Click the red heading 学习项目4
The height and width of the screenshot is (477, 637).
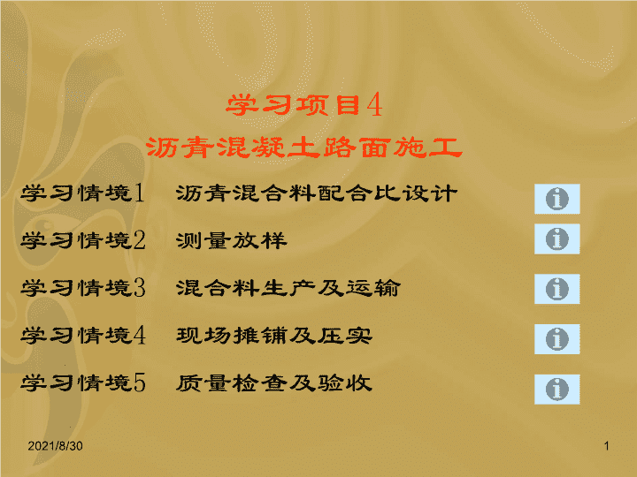303,105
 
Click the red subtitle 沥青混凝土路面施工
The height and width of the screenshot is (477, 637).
303,147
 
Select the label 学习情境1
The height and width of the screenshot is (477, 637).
83,193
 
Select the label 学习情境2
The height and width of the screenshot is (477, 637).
83,240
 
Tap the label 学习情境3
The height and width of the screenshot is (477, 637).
83,288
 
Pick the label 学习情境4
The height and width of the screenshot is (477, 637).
83,336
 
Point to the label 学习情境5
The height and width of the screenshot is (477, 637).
83,382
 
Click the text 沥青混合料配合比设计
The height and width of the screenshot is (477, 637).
317,193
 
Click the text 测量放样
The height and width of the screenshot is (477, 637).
232,240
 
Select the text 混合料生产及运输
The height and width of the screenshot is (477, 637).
288,288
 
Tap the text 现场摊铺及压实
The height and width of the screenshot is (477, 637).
274,336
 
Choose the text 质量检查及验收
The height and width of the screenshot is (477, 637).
274,382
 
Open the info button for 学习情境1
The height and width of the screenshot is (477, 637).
557,199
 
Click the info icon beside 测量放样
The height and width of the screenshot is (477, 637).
557,238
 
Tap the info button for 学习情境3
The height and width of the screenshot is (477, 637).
557,289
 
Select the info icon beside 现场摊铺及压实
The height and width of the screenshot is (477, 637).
557,339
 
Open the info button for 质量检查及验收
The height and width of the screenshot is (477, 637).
557,390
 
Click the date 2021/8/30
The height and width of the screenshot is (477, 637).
55,446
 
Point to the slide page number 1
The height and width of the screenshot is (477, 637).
607,446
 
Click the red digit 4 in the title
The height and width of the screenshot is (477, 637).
374,105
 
